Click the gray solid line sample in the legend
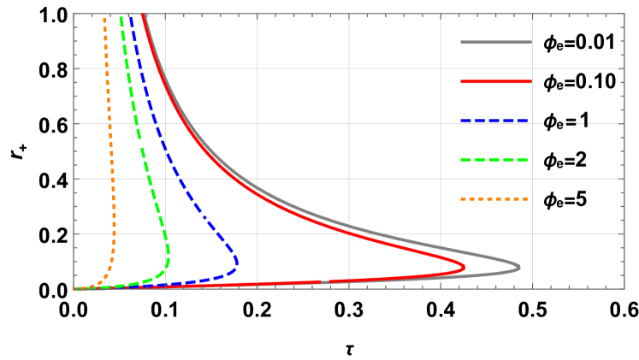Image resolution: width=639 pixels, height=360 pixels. click(496, 42)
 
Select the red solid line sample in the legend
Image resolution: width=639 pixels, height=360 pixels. click(496, 81)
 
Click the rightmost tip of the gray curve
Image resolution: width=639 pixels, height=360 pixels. click(519, 268)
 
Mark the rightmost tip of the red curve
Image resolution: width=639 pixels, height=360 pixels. click(464, 268)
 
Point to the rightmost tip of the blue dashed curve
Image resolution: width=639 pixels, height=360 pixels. click(237, 262)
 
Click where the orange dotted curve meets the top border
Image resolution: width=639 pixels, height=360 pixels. click(104, 15)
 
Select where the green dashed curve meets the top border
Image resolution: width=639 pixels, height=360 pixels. click(121, 15)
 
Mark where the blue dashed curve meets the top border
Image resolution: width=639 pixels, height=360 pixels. click(131, 15)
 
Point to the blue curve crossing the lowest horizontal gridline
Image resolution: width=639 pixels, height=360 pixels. click(219, 233)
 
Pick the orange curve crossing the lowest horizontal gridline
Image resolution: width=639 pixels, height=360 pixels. click(114, 233)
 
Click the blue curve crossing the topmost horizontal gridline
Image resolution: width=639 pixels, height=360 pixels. click(142, 68)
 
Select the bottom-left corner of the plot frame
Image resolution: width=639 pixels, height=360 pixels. click(74, 289)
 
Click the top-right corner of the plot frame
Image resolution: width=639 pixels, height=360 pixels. click(624, 14)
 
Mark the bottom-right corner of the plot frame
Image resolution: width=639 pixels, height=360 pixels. click(624, 289)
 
